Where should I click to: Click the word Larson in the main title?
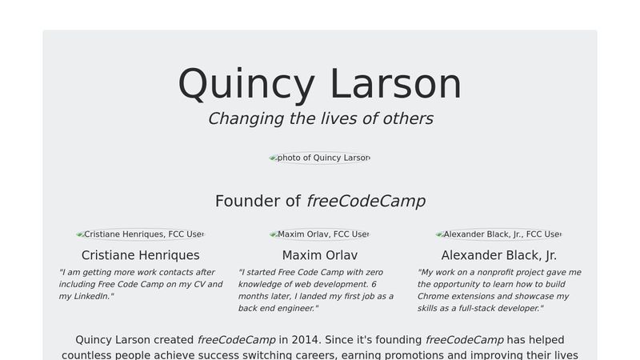[x=395, y=85]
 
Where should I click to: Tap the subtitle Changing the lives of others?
[x=320, y=119]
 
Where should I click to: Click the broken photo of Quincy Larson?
[x=320, y=158]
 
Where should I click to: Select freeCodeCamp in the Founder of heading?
[x=366, y=201]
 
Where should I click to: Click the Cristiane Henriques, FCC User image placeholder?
[x=140, y=234]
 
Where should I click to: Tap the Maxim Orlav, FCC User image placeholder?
[x=320, y=234]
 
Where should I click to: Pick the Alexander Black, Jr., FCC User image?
[x=498, y=234]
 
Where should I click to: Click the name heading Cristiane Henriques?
[x=141, y=255]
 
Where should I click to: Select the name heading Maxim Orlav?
[x=320, y=255]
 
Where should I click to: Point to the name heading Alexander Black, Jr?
[x=499, y=255]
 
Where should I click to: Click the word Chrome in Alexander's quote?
[x=433, y=296]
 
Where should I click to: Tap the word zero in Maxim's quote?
[x=372, y=272]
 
